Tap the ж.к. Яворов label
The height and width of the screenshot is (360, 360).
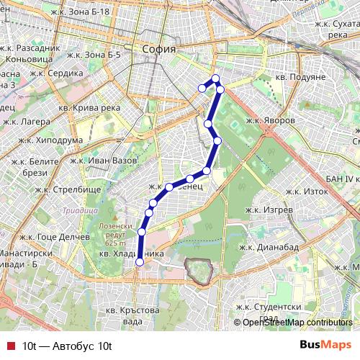coord(270,120)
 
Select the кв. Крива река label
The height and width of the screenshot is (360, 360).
coord(90,107)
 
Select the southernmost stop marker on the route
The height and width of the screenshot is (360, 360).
coord(139,262)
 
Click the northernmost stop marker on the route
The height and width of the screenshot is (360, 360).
coord(215,78)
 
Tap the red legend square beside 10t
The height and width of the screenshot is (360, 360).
coord(9,346)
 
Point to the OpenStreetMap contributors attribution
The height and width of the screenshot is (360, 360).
coord(297,323)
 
